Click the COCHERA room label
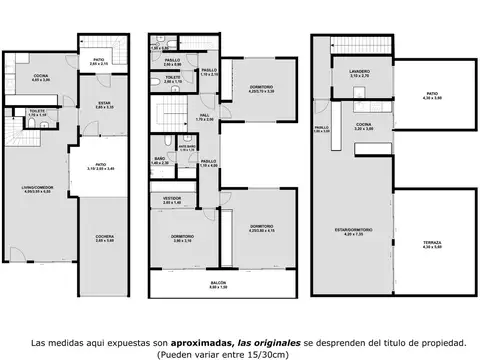pyautogui.click(x=104, y=236)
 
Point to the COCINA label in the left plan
pyautogui.click(x=40, y=76)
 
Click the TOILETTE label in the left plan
pyautogui.click(x=38, y=113)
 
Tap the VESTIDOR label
pyautogui.click(x=172, y=198)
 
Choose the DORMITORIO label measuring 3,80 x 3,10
pyautogui.click(x=182, y=237)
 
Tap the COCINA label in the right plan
pyautogui.click(x=362, y=127)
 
